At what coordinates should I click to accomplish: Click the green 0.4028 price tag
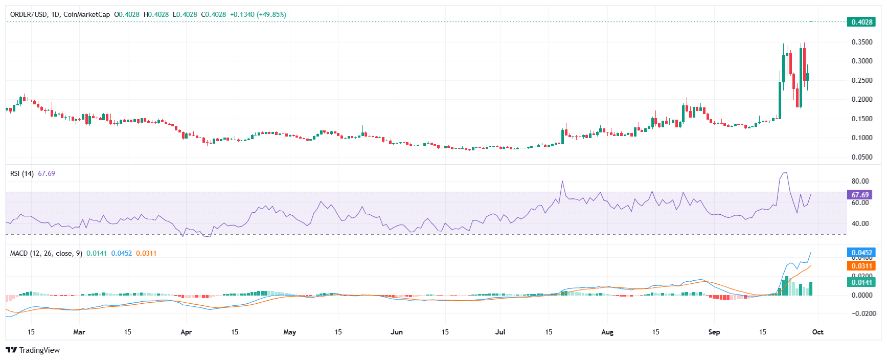point(861,22)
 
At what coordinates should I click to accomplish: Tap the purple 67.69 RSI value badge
point(860,195)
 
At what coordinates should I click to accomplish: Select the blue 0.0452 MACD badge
point(861,253)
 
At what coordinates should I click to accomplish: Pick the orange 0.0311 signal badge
point(861,266)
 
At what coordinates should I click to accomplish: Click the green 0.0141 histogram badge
point(861,282)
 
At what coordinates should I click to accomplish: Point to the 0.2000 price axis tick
point(861,100)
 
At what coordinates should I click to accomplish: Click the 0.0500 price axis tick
point(861,157)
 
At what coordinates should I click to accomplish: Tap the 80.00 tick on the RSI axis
point(860,181)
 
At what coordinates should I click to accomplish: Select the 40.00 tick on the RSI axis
point(860,223)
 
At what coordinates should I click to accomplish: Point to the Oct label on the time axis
point(818,332)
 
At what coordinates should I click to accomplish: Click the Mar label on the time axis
point(79,332)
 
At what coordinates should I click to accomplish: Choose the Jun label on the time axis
point(397,332)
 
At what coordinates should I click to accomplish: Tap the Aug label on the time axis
point(607,332)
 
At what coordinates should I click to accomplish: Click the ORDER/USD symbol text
point(29,14)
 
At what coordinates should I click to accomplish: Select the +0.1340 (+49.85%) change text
point(258,14)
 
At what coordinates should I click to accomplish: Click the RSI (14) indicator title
point(22,173)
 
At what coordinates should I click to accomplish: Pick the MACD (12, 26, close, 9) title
point(46,253)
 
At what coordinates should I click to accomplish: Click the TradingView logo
point(33,350)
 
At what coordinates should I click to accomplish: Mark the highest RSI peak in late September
point(785,173)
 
